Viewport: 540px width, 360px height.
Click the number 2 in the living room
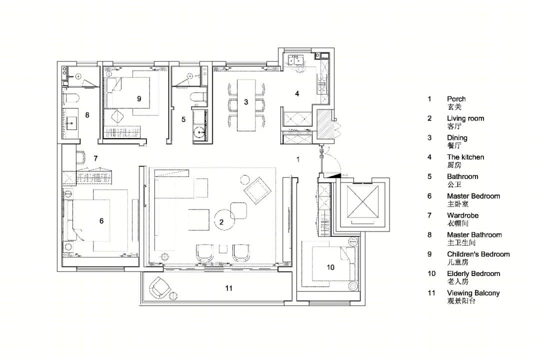[221, 222]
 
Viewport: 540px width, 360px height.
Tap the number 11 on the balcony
[229, 288]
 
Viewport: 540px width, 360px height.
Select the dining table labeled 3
[246, 105]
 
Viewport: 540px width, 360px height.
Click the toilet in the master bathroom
[71, 98]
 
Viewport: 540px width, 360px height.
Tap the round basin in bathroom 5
[199, 133]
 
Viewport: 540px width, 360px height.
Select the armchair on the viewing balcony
[159, 287]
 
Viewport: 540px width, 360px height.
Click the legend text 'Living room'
[465, 118]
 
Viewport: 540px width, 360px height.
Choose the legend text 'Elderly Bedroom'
[473, 274]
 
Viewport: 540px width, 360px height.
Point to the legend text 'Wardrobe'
[463, 215]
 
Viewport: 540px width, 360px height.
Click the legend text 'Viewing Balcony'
[473, 293]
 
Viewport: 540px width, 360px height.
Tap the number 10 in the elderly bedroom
[330, 267]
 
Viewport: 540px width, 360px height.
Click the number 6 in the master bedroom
[101, 221]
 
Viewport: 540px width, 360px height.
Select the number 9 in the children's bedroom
[139, 99]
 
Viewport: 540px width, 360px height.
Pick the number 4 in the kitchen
[297, 93]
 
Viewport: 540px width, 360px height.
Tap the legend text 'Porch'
[456, 99]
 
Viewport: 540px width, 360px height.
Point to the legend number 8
[429, 235]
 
